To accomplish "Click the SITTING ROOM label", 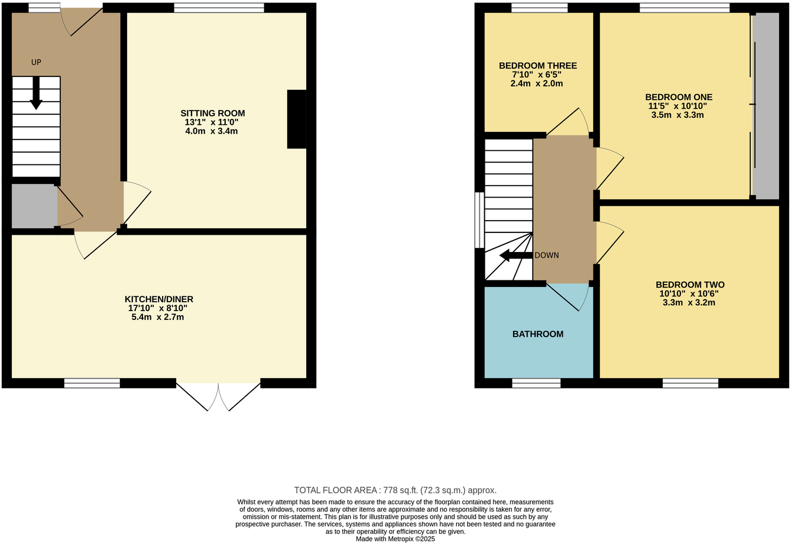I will pyautogui.click(x=212, y=113).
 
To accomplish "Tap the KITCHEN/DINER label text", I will pyautogui.click(x=158, y=299).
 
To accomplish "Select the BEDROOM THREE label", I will pyautogui.click(x=537, y=66).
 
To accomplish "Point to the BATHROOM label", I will pyautogui.click(x=537, y=334).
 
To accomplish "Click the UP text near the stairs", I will pyautogui.click(x=36, y=62).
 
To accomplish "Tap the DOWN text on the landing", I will pyautogui.click(x=546, y=256).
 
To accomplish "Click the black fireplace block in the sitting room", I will pyautogui.click(x=297, y=119).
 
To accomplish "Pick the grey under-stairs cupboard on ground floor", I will pyautogui.click(x=34, y=206).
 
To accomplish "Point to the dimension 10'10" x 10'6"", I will pyautogui.click(x=689, y=293).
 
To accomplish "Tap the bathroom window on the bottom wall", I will pyautogui.click(x=536, y=383).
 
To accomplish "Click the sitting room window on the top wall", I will pyautogui.click(x=219, y=8).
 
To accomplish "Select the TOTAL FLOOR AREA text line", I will pyautogui.click(x=395, y=490).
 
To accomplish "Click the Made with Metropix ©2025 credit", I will pyautogui.click(x=395, y=539).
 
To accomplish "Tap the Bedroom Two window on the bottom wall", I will pyautogui.click(x=690, y=383).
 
